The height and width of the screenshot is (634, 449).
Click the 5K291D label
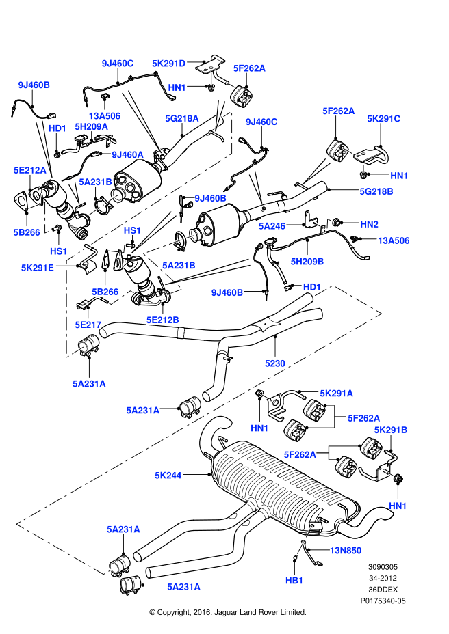tap(168, 64)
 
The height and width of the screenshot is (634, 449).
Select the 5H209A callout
tap(91, 126)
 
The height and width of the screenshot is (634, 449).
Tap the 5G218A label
tap(182, 118)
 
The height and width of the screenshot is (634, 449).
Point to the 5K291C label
tap(383, 118)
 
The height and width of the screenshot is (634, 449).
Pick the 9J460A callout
tap(127, 154)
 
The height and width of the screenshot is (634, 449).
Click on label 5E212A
tap(30, 170)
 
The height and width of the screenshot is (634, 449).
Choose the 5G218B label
tap(376, 191)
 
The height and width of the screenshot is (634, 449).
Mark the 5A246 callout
tap(272, 226)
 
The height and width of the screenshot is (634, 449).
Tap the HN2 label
tap(369, 224)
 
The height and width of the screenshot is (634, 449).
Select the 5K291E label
tap(37, 268)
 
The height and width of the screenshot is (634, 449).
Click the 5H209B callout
tap(307, 262)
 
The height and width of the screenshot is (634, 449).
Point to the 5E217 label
tap(88, 325)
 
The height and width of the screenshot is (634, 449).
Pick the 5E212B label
tap(162, 320)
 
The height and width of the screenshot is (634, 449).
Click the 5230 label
tap(275, 363)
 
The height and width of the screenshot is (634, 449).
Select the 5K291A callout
tap(336, 393)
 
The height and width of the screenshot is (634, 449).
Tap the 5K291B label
tap(390, 430)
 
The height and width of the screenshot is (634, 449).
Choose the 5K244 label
tap(168, 475)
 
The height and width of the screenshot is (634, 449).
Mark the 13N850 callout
tap(346, 551)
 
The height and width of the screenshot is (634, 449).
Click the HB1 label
tap(294, 581)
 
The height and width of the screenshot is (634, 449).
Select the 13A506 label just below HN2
tap(394, 240)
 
